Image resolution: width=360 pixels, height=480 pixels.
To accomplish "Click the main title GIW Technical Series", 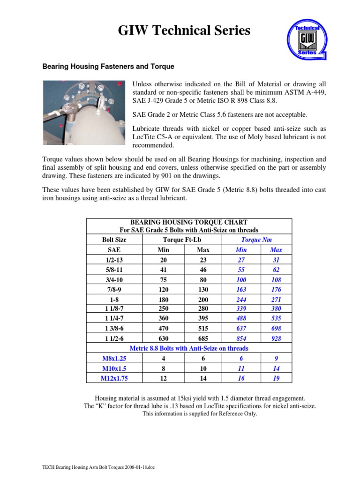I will coord(184,31).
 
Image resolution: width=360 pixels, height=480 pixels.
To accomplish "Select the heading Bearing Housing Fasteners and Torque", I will coord(108,67).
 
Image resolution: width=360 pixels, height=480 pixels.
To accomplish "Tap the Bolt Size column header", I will coord(114,240).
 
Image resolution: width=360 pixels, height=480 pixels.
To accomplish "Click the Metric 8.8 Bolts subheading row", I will coord(188,349).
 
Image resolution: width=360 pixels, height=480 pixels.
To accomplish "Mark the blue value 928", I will coord(276,338).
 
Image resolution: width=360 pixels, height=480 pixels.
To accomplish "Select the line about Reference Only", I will coord(200,414).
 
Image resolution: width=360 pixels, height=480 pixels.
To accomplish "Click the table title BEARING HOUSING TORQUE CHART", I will coord(188,222).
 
